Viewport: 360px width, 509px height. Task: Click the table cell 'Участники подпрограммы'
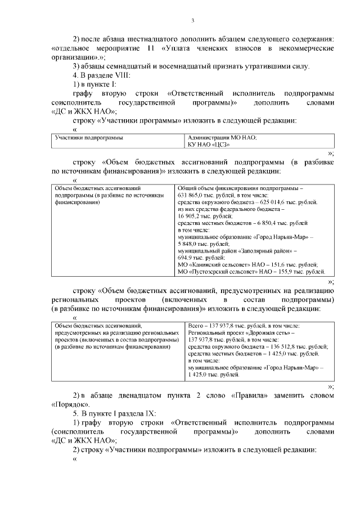pos(89,137)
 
